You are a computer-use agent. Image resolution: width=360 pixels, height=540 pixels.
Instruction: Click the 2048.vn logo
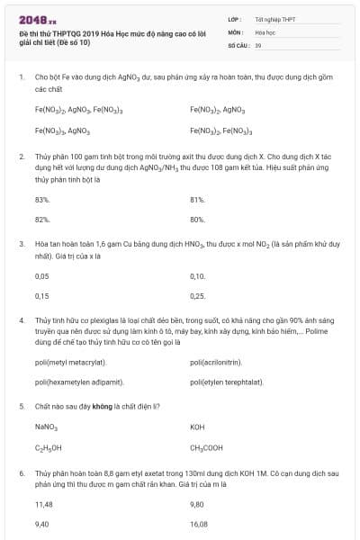[38, 19]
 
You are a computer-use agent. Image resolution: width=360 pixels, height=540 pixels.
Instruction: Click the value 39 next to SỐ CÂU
[258, 44]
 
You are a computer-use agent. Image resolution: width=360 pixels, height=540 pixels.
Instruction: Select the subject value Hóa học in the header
[265, 31]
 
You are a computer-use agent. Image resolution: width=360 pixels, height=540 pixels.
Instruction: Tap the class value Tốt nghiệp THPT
[274, 19]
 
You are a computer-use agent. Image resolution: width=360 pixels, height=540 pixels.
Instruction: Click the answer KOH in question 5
[198, 427]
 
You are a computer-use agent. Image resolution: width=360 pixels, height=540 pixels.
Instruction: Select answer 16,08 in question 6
[199, 524]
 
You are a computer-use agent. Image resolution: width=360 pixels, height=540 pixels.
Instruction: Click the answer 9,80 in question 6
[198, 504]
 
